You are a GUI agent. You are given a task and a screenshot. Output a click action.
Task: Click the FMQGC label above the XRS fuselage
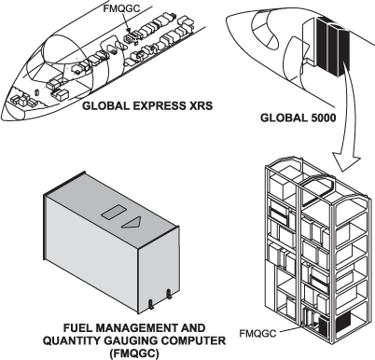pyautogui.click(x=121, y=8)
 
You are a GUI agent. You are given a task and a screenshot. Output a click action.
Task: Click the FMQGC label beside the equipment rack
pyautogui.click(x=257, y=334)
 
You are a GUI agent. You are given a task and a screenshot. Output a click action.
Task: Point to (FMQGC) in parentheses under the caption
pyautogui.click(x=134, y=353)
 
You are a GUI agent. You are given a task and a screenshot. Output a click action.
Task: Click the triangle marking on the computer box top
pyautogui.click(x=132, y=222)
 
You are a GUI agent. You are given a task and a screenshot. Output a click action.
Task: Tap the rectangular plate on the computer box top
pyautogui.click(x=114, y=213)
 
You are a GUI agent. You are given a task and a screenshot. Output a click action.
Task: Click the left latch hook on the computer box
pyautogui.click(x=151, y=304)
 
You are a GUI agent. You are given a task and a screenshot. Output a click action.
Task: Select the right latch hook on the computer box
pyautogui.click(x=169, y=294)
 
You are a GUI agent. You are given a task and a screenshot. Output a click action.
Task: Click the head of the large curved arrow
pyautogui.click(x=347, y=160)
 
